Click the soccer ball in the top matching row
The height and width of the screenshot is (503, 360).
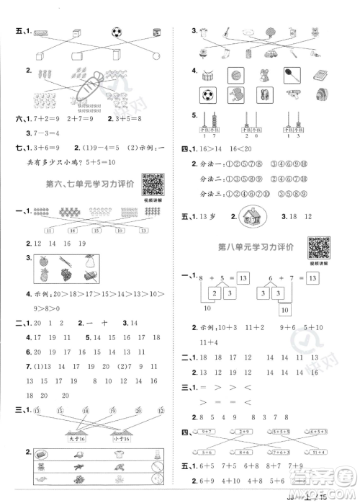tap(118, 32)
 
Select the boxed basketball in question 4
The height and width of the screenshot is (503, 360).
tap(236, 74)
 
